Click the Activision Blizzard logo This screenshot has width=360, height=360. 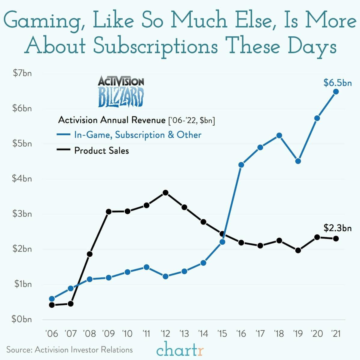121,92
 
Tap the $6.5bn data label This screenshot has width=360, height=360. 337,83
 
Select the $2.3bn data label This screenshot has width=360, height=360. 337,228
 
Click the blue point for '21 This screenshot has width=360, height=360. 336,92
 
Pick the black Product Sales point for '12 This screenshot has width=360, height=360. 165,193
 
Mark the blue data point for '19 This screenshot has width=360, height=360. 298,161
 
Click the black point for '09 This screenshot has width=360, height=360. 108,212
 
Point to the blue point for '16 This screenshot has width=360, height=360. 241,165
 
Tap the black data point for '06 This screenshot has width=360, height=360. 52,305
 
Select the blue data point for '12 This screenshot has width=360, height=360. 165,276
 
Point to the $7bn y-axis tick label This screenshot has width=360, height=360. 22,73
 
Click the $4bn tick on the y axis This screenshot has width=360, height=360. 22,179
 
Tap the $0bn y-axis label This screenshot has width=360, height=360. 22,319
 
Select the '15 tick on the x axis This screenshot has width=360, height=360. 222,334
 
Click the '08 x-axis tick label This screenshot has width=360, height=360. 89,334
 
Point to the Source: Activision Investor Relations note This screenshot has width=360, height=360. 69,350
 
